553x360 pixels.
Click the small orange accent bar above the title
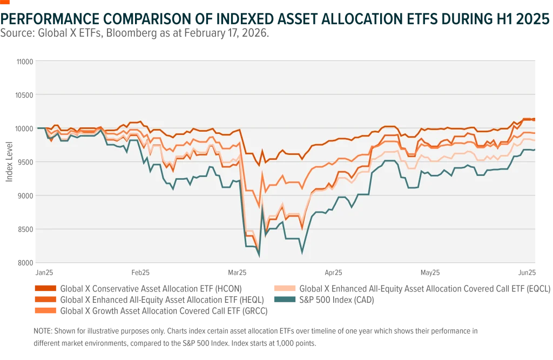click(x=6, y=3)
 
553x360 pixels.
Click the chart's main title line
click(x=276, y=20)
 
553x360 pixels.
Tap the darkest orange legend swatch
click(x=46, y=289)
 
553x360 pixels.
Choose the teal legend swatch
click(x=285, y=298)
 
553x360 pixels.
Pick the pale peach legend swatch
click(x=285, y=289)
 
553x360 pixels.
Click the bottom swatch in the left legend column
click(x=46, y=311)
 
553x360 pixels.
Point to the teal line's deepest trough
click(x=259, y=256)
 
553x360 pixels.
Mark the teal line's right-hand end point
click(x=535, y=150)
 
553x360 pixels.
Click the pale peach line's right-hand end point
click(x=535, y=140)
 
